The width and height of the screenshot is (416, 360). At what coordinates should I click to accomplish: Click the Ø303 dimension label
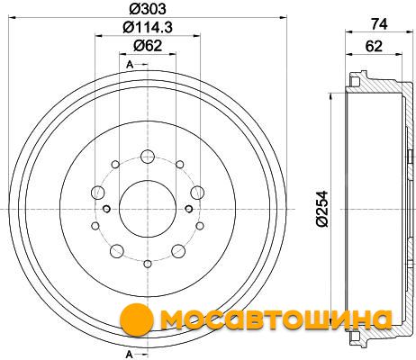(148, 9)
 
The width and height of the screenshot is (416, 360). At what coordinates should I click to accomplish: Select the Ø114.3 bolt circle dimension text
(148, 28)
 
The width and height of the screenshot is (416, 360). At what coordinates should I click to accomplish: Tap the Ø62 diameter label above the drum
(148, 46)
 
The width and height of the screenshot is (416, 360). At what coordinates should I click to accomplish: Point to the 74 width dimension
(379, 24)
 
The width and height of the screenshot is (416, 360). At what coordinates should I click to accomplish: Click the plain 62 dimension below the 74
(374, 46)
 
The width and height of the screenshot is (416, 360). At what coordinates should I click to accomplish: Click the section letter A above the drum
(130, 64)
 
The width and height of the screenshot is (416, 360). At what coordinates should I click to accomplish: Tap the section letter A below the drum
(130, 355)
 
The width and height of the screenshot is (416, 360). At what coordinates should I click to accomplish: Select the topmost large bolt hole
(148, 156)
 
